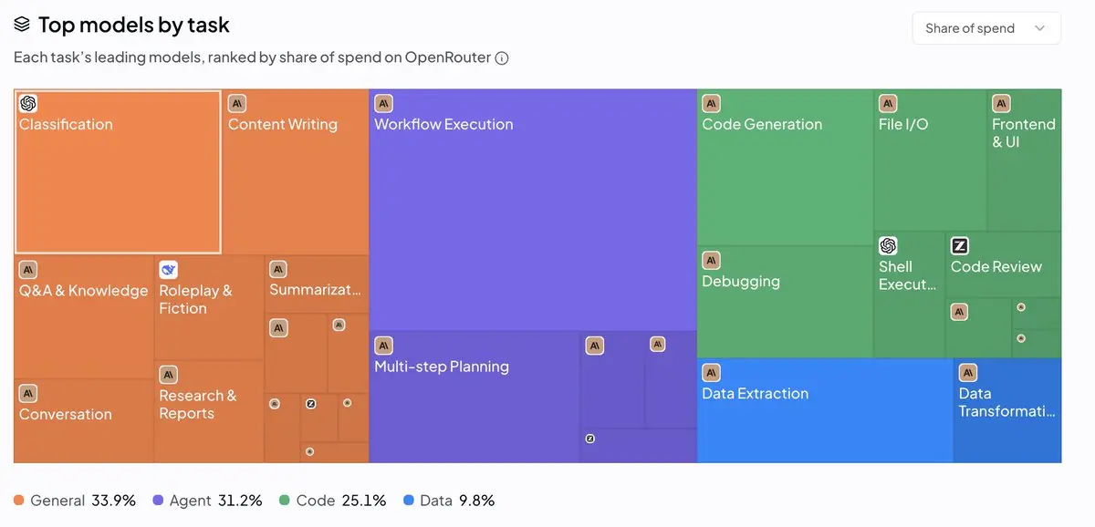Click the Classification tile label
tap(66, 124)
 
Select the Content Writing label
tap(283, 124)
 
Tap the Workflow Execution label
tap(443, 124)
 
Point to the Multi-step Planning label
tap(442, 367)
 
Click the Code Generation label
tap(762, 124)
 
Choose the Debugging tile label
tap(741, 282)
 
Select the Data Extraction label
tap(756, 393)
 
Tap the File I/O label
tap(903, 124)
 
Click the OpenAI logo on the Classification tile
tap(28, 103)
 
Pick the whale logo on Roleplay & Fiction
tap(168, 270)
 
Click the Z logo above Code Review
tap(960, 245)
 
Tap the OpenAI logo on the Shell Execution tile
tap(888, 245)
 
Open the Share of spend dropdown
tap(986, 28)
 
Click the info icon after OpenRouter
tap(502, 58)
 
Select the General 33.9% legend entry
tap(75, 501)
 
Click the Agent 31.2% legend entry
tap(208, 501)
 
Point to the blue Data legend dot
tap(409, 501)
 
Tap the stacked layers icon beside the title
tap(22, 24)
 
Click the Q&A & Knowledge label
tap(84, 291)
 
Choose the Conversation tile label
tap(66, 414)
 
